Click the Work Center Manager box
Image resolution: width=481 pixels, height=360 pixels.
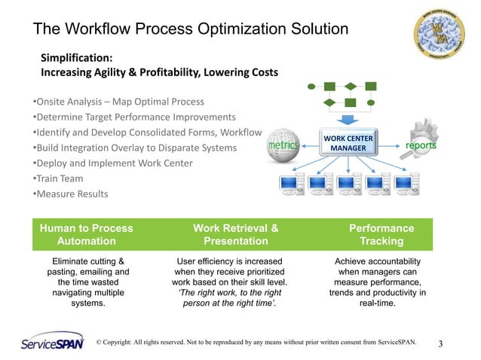pyautogui.click(x=348, y=143)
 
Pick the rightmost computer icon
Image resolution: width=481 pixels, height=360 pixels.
pyautogui.click(x=408, y=185)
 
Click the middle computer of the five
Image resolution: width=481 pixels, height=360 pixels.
pyautogui.click(x=348, y=185)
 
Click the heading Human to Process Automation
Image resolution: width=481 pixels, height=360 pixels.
pyautogui.click(x=86, y=234)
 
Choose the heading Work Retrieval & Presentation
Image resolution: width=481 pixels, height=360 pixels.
pyautogui.click(x=236, y=234)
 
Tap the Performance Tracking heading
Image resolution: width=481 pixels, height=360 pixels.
pyautogui.click(x=381, y=234)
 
